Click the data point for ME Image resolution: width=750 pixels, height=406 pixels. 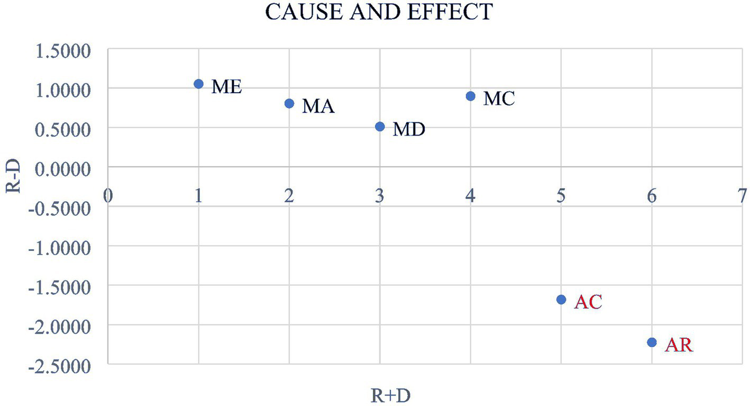pos(198,84)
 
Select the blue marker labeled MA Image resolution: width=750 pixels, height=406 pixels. pos(289,103)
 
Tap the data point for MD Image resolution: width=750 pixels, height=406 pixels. pos(380,127)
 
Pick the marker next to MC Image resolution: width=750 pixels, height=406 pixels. pos(470,96)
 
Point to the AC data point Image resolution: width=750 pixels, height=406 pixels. pos(561,300)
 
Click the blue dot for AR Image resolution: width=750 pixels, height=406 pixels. pos(652,342)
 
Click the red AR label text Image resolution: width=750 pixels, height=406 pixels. pos(678,346)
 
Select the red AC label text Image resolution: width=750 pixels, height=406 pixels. pos(588,302)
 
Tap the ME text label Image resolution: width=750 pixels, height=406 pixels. pos(226,87)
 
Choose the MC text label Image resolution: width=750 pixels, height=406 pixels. pos(499,99)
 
